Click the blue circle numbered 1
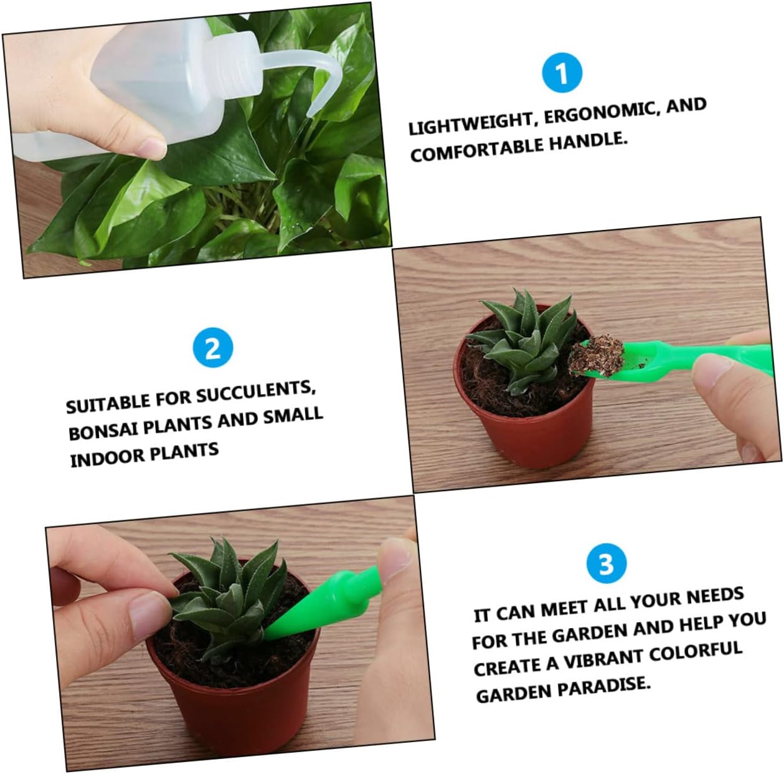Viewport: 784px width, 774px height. pos(562,73)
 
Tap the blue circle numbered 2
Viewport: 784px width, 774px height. pos(212,348)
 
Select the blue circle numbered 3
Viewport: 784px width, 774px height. pos(606,563)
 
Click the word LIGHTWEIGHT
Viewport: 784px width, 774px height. pos(470,123)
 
